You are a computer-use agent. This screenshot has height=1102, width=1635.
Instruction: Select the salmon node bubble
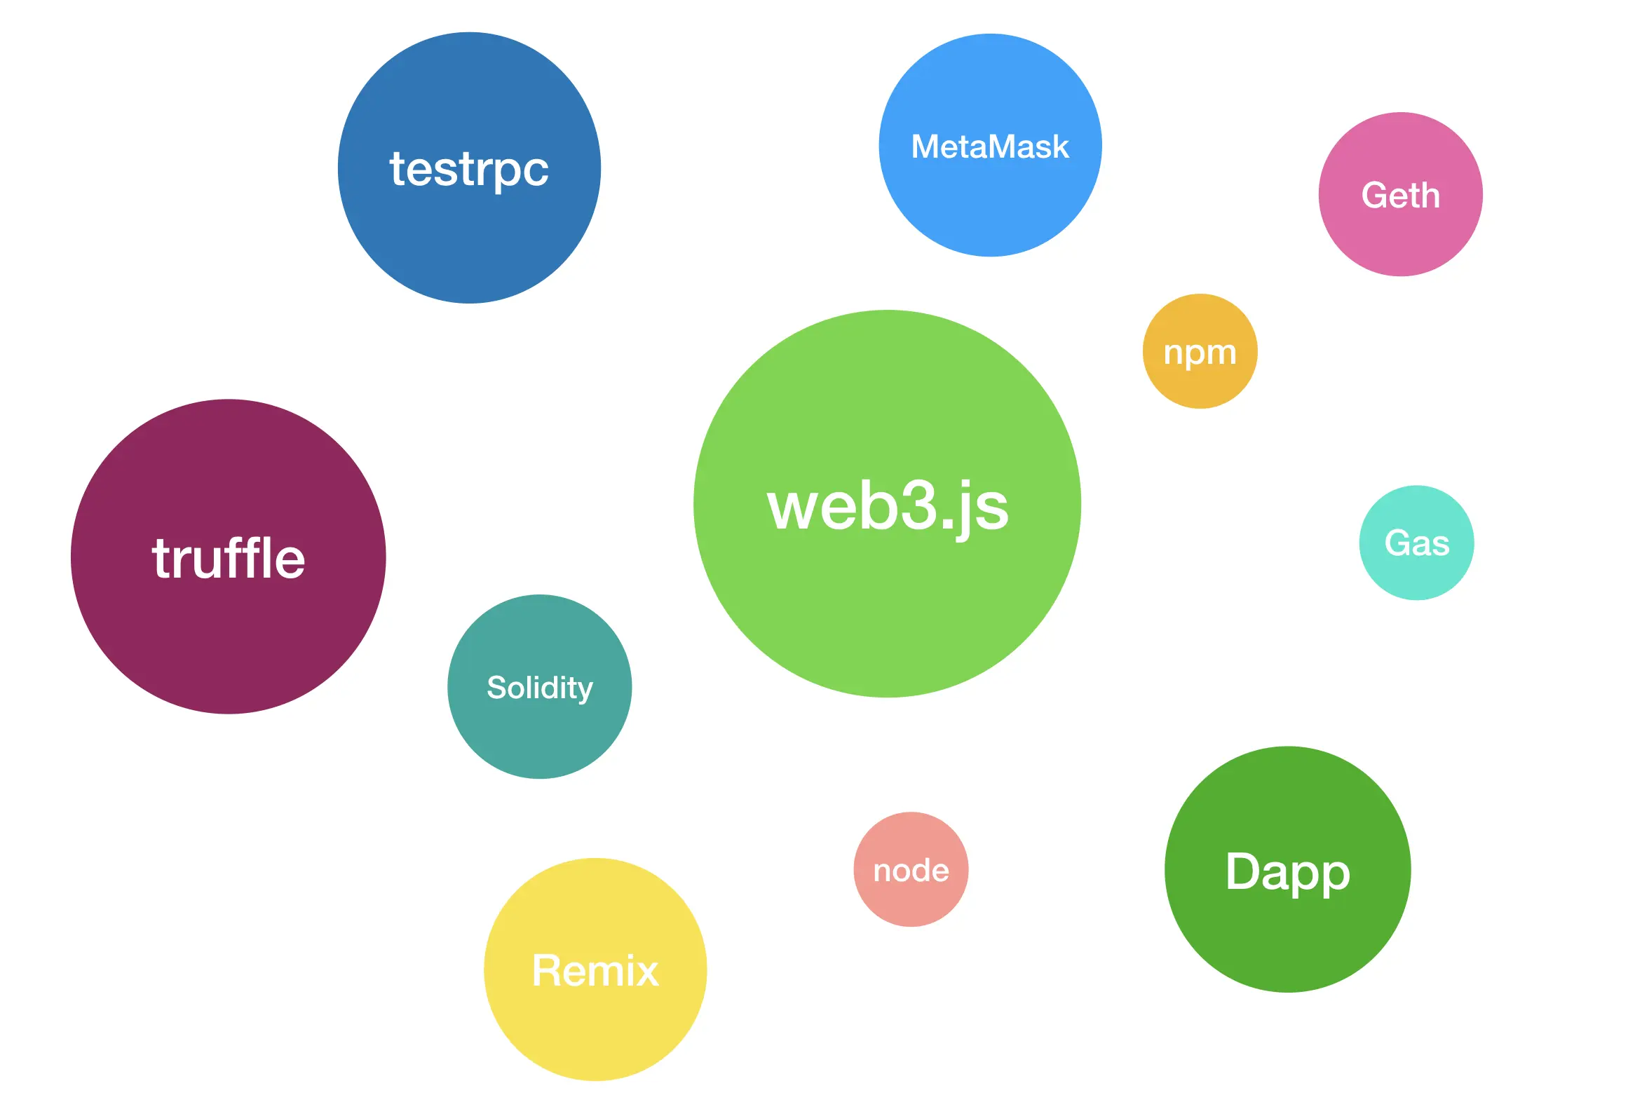pyautogui.click(x=911, y=899)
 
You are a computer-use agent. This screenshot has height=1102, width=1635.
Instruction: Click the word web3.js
pyautogui.click(x=887, y=507)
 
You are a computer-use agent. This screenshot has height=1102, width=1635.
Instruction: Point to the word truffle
pyautogui.click(x=229, y=558)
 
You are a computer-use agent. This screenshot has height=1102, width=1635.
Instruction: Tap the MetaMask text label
pyautogui.click(x=990, y=147)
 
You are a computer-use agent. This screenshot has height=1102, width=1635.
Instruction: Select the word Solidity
pyautogui.click(x=539, y=687)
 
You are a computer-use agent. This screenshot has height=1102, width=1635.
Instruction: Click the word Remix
pyautogui.click(x=595, y=971)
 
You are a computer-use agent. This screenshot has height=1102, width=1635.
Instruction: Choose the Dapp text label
pyautogui.click(x=1288, y=871)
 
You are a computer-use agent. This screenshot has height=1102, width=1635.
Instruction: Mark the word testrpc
pyautogui.click(x=469, y=170)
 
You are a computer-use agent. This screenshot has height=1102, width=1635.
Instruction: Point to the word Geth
pyautogui.click(x=1400, y=195)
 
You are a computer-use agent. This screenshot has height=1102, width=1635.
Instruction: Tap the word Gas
pyautogui.click(x=1416, y=543)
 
